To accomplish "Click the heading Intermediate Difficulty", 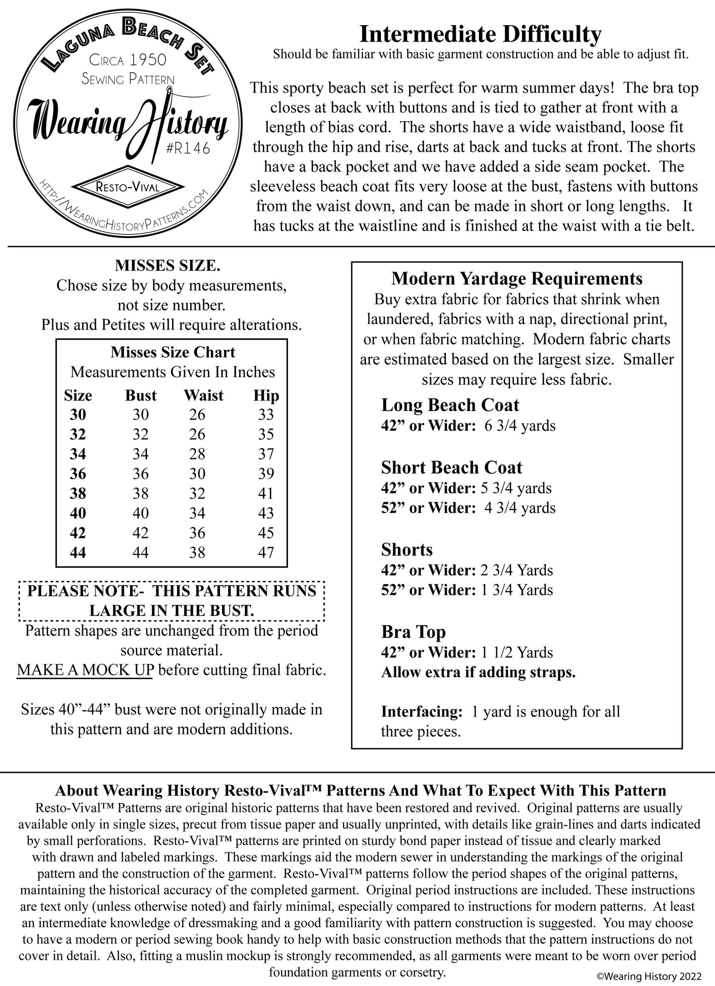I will coord(480,35).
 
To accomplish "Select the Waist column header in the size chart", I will coord(203,395).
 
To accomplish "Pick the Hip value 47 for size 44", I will coord(266,552).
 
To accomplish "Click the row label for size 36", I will coord(78,473).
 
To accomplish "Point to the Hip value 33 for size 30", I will coord(266,415).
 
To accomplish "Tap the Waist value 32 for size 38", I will coord(197,493).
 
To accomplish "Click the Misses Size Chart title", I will coord(173,352).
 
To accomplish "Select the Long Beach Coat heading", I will coord(450,405).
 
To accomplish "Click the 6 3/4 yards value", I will coord(520,426).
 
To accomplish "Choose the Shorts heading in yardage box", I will coord(407,550).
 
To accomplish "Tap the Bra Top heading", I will coord(413,632).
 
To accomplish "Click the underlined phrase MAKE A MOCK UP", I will coord(85,670).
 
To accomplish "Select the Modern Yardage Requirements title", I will coord(517,279).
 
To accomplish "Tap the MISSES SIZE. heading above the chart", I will coord(168,266).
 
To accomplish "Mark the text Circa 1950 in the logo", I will coord(128,60).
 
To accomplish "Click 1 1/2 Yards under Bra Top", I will coord(517,653).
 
